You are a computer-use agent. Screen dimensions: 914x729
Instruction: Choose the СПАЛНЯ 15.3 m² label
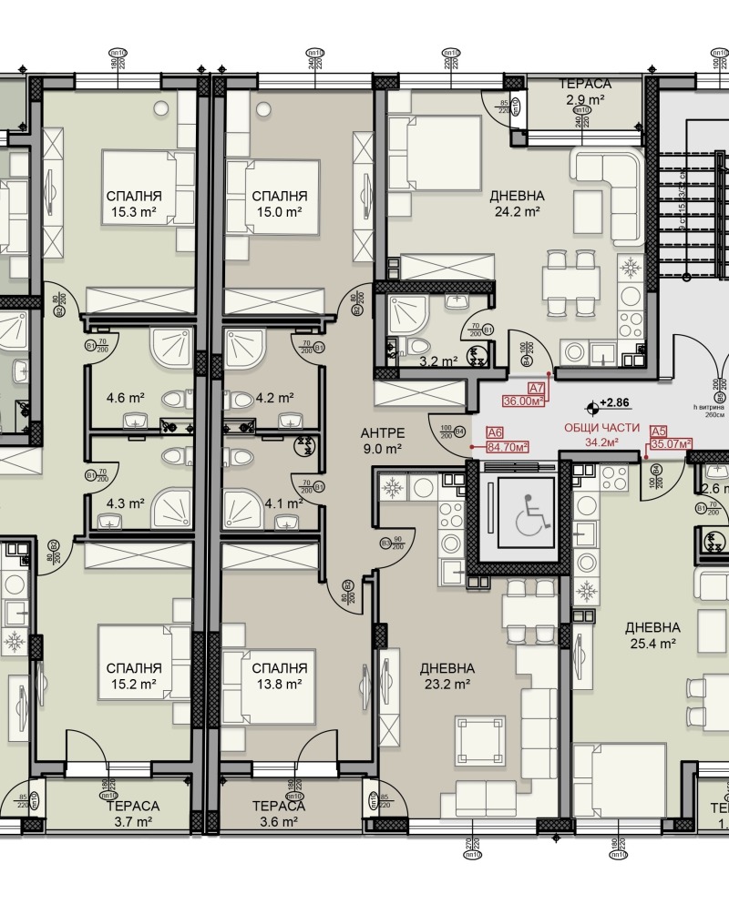tap(134, 203)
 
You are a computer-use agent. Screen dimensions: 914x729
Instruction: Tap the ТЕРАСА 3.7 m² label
tap(132, 814)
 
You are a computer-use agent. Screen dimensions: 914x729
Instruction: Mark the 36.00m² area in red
tap(524, 400)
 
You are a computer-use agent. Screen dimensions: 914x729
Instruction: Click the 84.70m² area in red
tap(509, 446)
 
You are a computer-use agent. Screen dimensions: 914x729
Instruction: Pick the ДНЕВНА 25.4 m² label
tap(652, 635)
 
